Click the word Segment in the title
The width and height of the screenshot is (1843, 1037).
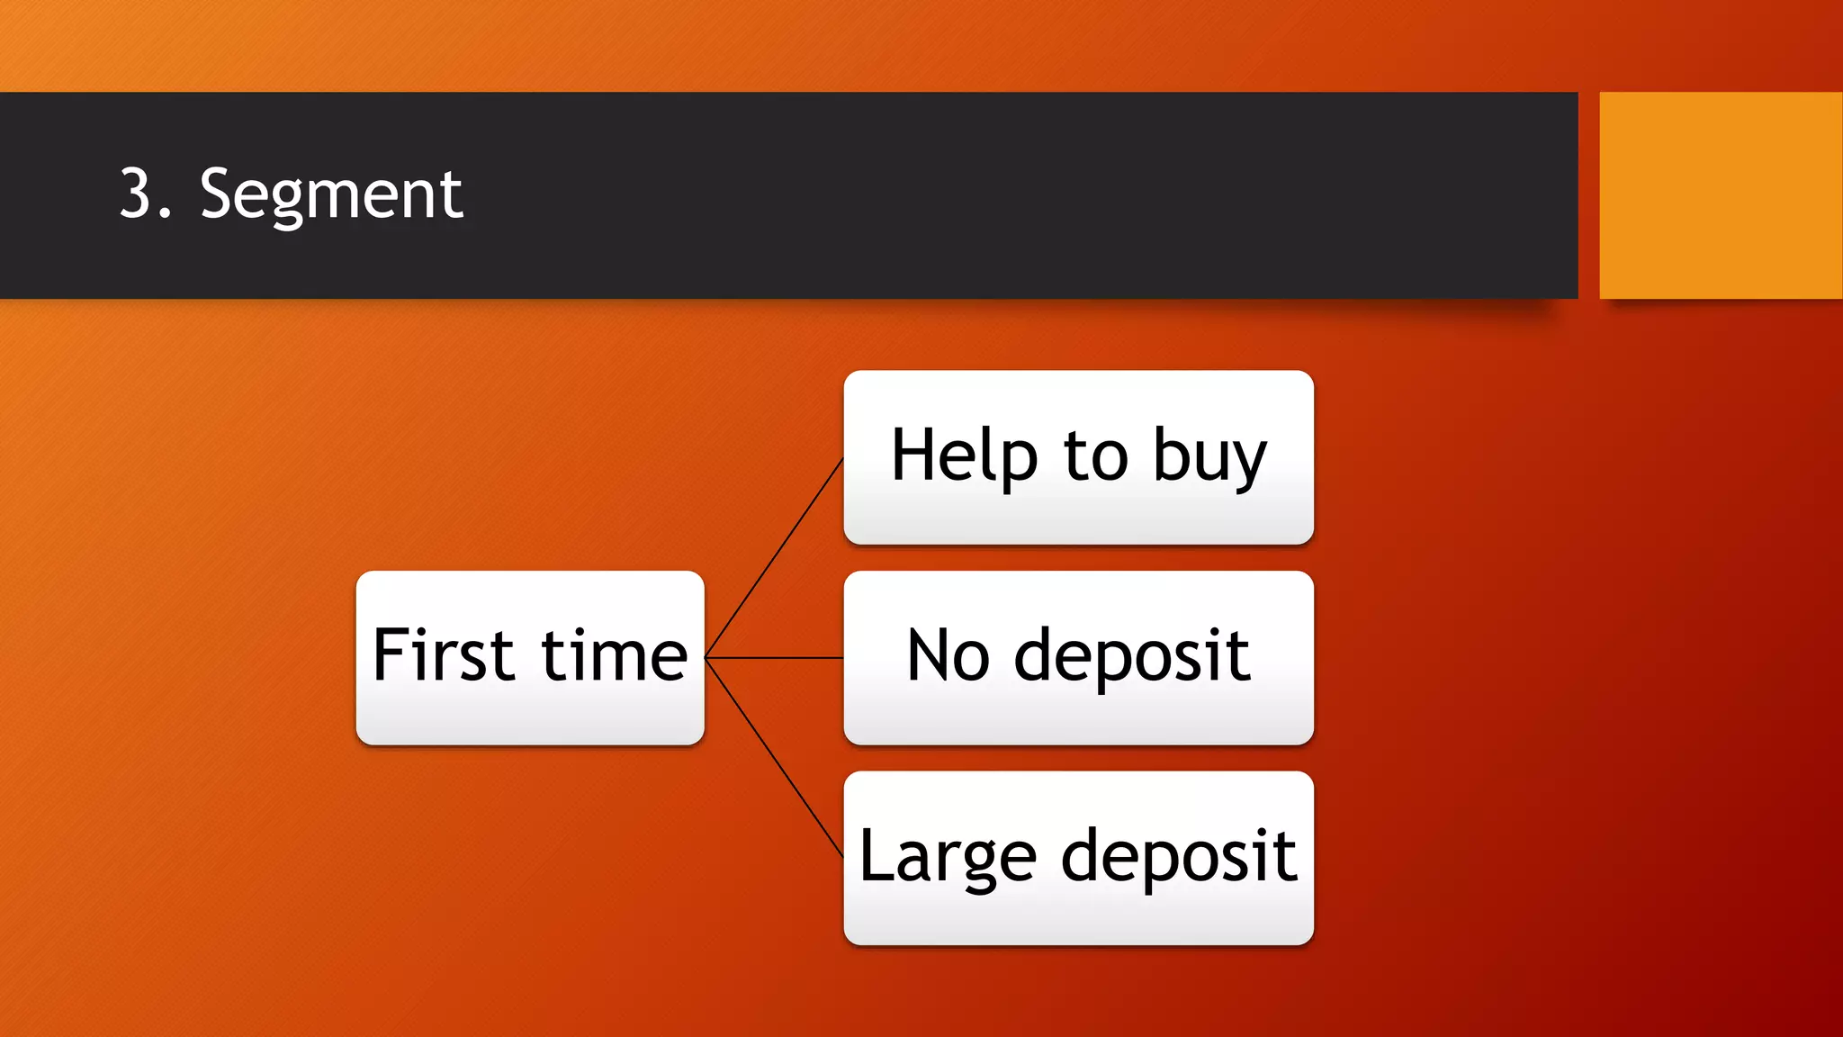(x=331, y=194)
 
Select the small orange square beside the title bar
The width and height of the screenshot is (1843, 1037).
(x=1721, y=194)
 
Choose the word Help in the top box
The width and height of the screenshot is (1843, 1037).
(x=964, y=456)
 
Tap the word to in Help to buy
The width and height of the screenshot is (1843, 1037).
(x=1095, y=456)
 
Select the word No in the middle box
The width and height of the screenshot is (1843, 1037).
(x=948, y=655)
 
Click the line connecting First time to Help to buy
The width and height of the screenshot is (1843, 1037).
(x=774, y=558)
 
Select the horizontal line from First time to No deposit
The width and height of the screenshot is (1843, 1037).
(x=774, y=658)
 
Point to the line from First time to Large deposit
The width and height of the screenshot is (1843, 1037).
(x=774, y=758)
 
